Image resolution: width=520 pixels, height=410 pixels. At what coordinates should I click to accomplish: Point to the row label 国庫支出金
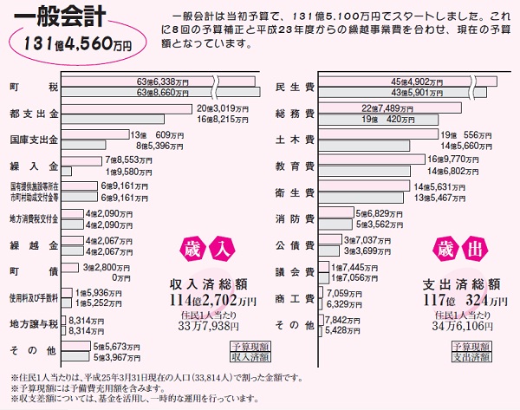34,140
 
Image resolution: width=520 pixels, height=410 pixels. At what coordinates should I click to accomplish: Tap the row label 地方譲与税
34,324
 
